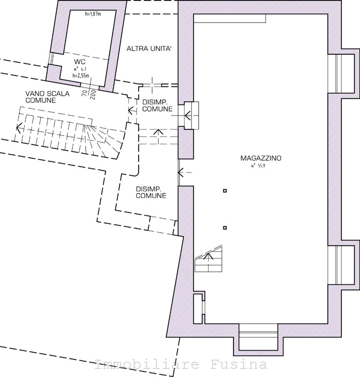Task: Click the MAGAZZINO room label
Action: (261, 158)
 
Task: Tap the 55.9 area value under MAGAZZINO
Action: (261, 166)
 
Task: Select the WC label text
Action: (80, 62)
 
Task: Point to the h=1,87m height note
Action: (93, 14)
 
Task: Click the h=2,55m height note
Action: (81, 76)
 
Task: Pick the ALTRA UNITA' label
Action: (149, 49)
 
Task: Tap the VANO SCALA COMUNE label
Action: (48, 97)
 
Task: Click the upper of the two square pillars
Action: (225, 191)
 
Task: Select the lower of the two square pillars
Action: (225, 228)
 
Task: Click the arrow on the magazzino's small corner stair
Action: (208, 256)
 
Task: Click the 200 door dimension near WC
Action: (93, 95)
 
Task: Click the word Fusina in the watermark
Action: (239, 364)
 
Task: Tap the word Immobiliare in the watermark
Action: (147, 364)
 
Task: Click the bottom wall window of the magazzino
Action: (258, 337)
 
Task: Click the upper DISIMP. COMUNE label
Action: (157, 106)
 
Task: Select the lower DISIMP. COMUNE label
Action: (151, 192)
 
